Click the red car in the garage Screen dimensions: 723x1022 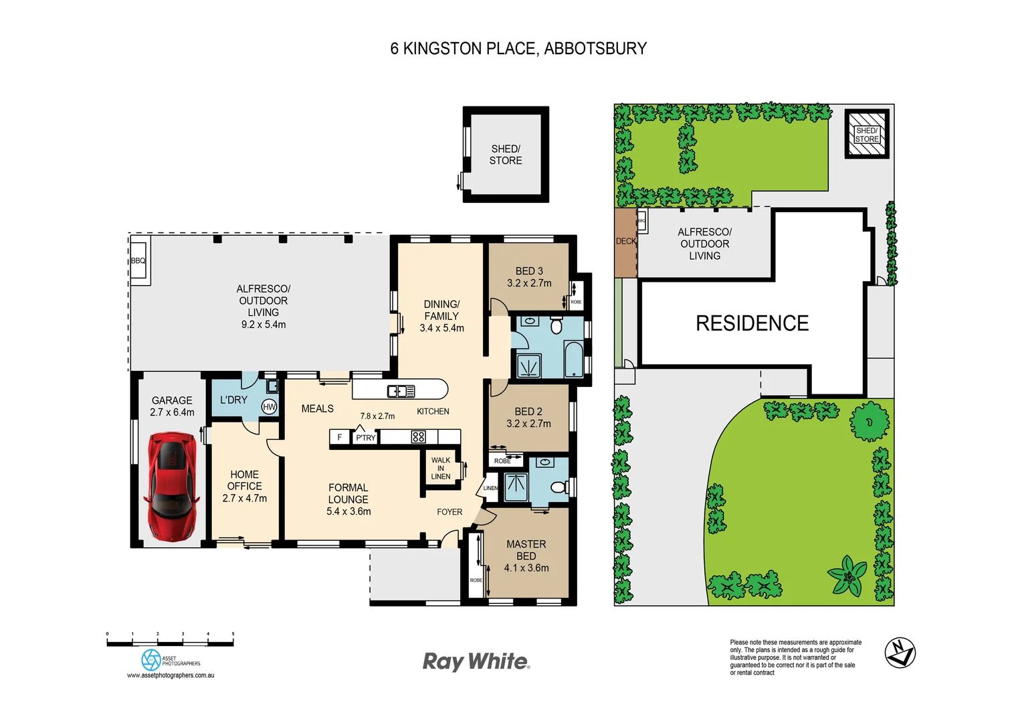pyautogui.click(x=172, y=485)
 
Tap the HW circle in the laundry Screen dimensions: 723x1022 pyautogui.click(x=270, y=406)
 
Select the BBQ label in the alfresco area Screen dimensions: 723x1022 pyautogui.click(x=138, y=260)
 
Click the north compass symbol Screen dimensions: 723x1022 pyautogui.click(x=900, y=652)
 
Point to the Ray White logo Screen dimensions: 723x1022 pyautogui.click(x=476, y=661)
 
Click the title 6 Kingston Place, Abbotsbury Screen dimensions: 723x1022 pyautogui.click(x=518, y=49)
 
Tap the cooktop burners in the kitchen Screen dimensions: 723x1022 pyautogui.click(x=419, y=437)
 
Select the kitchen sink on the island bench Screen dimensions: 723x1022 pyautogui.click(x=401, y=391)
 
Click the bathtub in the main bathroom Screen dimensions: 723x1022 pyautogui.click(x=573, y=359)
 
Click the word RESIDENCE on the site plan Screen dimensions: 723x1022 pyautogui.click(x=752, y=323)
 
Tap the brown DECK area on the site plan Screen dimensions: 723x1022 pyautogui.click(x=625, y=242)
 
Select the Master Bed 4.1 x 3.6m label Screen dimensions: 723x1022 pyautogui.click(x=526, y=556)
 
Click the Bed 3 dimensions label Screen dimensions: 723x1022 pyautogui.click(x=529, y=283)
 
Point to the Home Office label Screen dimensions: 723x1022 pyautogui.click(x=244, y=486)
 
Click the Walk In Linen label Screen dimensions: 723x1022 pyautogui.click(x=440, y=468)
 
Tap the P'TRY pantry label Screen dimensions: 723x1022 pyautogui.click(x=365, y=438)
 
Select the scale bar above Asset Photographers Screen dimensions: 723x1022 pyautogui.click(x=170, y=643)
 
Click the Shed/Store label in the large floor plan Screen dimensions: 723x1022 pyautogui.click(x=506, y=155)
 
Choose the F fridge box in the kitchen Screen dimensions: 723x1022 pyautogui.click(x=340, y=437)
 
